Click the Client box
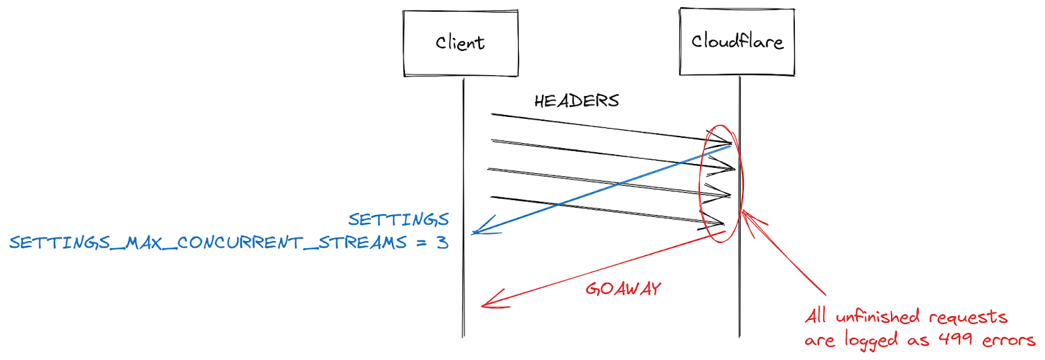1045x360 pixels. point(460,43)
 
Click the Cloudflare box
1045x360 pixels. point(737,42)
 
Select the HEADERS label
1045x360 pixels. point(576,101)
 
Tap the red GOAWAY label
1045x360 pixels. point(623,289)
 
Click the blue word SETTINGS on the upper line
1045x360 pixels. point(398,219)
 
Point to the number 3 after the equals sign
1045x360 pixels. point(442,242)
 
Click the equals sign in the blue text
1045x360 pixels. point(422,243)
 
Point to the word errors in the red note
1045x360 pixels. point(1008,340)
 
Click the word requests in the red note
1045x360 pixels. point(968,318)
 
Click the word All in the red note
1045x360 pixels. point(816,316)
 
